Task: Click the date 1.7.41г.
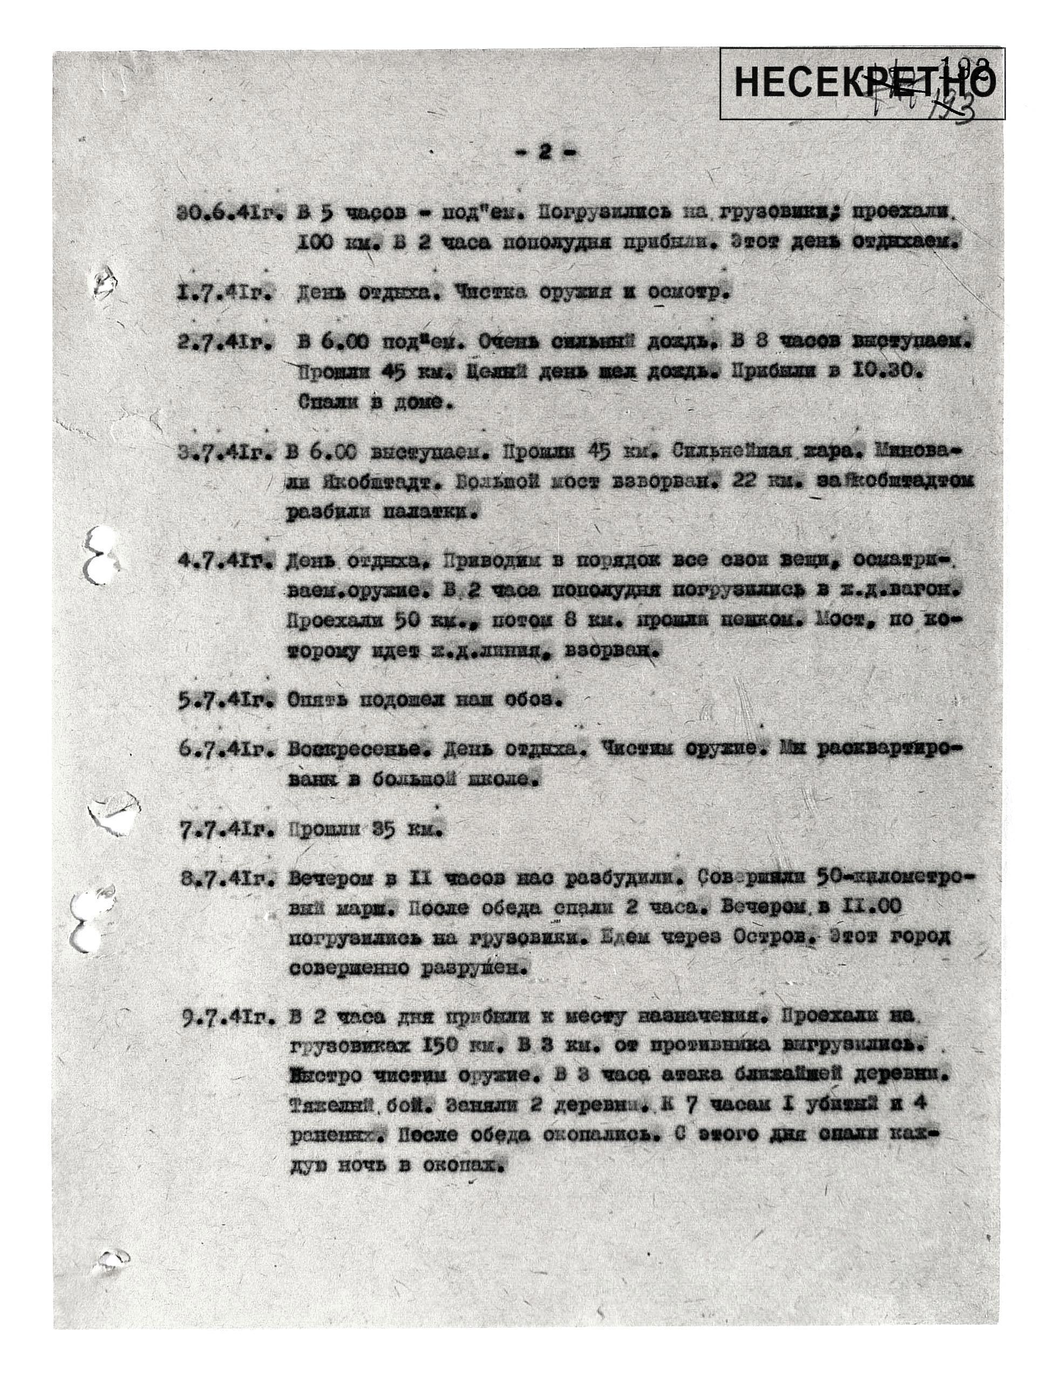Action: coord(225,293)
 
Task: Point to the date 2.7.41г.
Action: coord(226,342)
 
